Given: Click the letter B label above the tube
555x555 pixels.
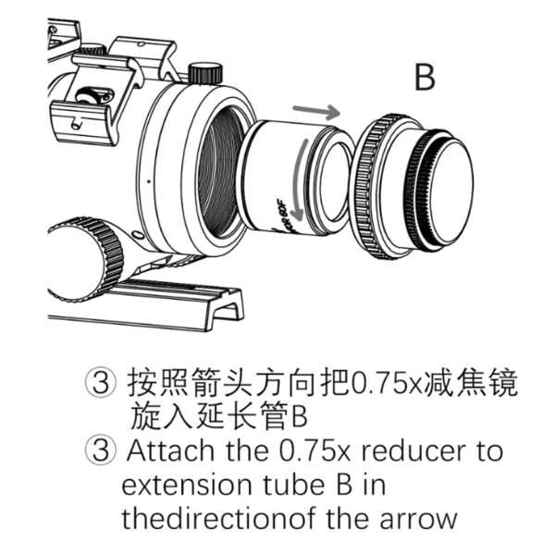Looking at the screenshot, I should [425, 78].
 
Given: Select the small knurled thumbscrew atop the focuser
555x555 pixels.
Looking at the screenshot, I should [204, 72].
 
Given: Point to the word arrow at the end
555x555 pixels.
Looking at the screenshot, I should [413, 517].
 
